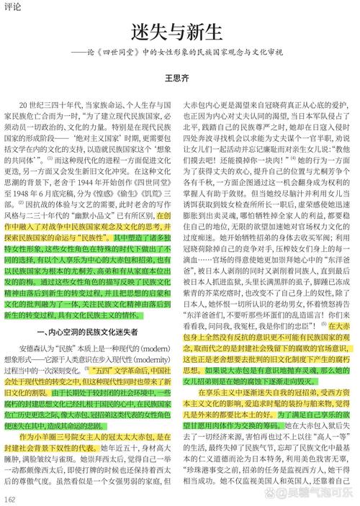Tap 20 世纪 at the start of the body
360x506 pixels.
pos(34,103)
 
